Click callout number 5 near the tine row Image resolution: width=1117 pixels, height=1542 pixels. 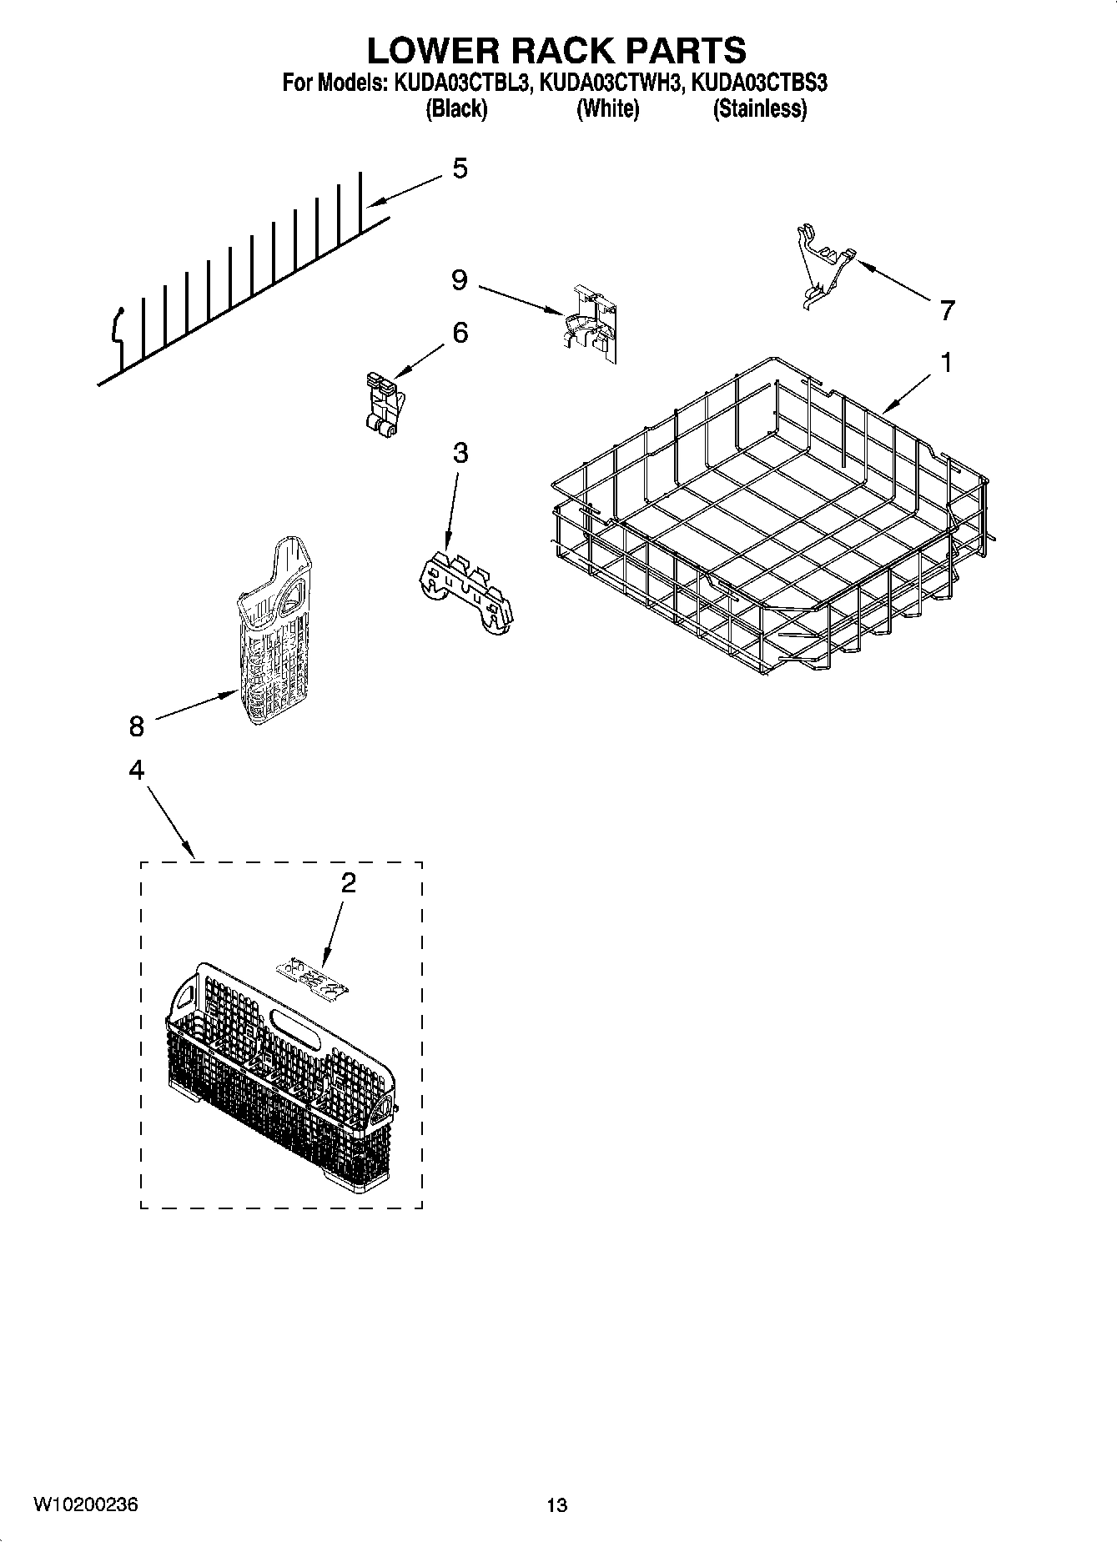point(460,168)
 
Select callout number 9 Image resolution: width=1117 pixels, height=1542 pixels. point(460,280)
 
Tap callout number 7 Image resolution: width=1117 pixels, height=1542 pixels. point(946,311)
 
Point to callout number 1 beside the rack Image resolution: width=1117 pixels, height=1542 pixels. point(946,363)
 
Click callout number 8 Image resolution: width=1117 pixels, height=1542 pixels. point(137,726)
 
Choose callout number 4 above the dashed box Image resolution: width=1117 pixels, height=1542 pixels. point(137,769)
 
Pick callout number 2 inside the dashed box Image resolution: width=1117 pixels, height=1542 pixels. point(349,882)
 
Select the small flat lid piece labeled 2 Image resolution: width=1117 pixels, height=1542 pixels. point(311,977)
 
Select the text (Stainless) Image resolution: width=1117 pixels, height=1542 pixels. point(759,109)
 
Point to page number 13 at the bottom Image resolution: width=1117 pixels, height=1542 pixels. point(556,1505)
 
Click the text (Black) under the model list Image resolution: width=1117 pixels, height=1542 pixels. point(455,109)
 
